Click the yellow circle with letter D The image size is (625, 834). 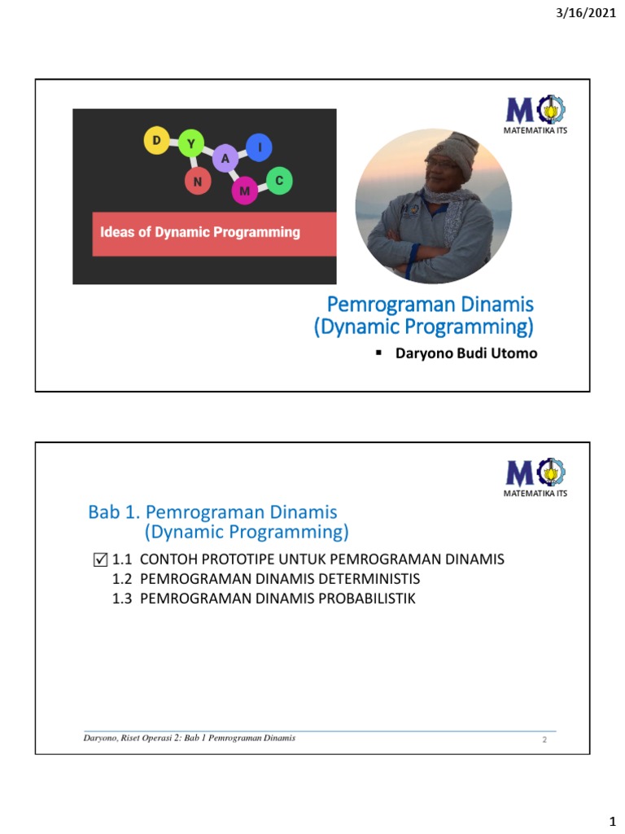pyautogui.click(x=155, y=141)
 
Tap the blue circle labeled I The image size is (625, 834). pyautogui.click(x=260, y=147)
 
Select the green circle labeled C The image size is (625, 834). pyautogui.click(x=278, y=182)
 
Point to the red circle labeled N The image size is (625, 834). pyautogui.click(x=197, y=182)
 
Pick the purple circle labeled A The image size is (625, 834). pyautogui.click(x=225, y=159)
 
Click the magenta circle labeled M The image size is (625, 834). pyautogui.click(x=244, y=191)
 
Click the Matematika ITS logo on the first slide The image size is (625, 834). pyautogui.click(x=535, y=112)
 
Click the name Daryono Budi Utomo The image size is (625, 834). pyautogui.click(x=465, y=353)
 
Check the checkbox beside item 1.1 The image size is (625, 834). pyautogui.click(x=101, y=560)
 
